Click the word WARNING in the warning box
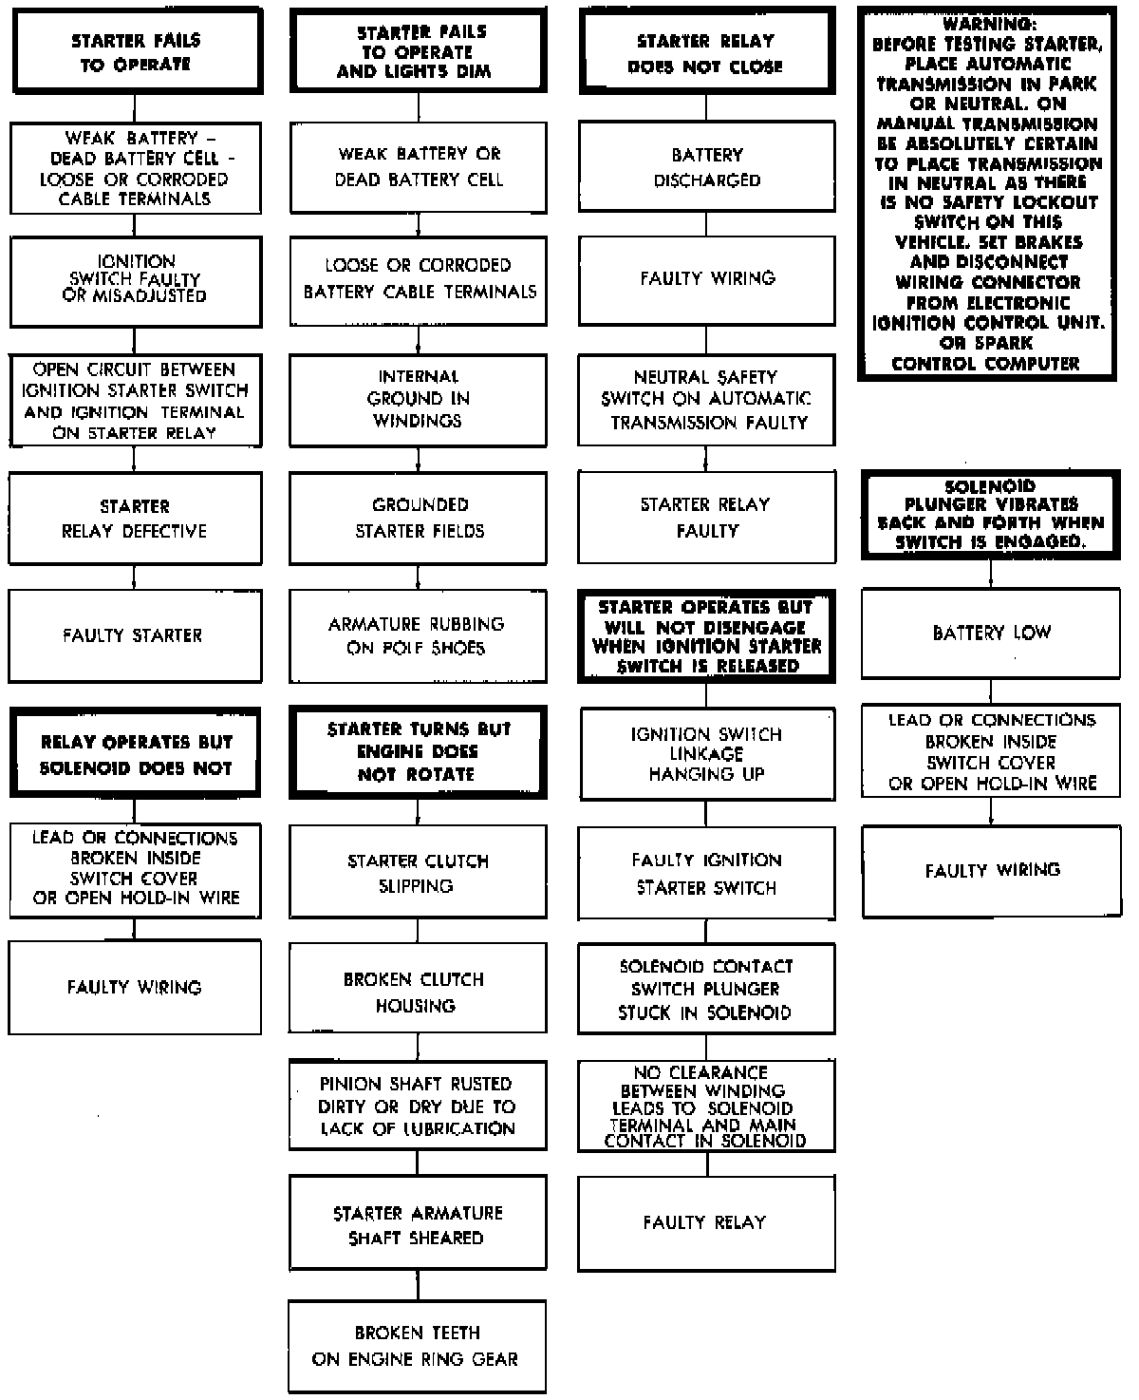click(987, 23)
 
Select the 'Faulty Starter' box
click(134, 635)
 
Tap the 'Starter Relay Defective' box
click(134, 519)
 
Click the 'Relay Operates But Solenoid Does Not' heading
click(135, 754)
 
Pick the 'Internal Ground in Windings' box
click(418, 399)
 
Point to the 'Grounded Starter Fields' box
click(418, 518)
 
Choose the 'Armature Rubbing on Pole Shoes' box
click(418, 635)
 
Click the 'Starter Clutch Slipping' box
click(418, 872)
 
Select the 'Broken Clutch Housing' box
click(418, 992)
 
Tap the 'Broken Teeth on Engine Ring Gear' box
click(417, 1346)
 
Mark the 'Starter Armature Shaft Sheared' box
click(418, 1225)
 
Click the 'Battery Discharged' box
click(707, 167)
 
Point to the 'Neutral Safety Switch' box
click(707, 400)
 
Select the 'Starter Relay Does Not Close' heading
click(706, 53)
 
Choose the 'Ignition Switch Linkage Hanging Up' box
click(706, 754)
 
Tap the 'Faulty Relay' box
click(706, 1223)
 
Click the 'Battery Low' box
click(991, 633)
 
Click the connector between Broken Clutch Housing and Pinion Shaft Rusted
click(418, 1048)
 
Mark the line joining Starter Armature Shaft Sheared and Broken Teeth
click(418, 1286)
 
